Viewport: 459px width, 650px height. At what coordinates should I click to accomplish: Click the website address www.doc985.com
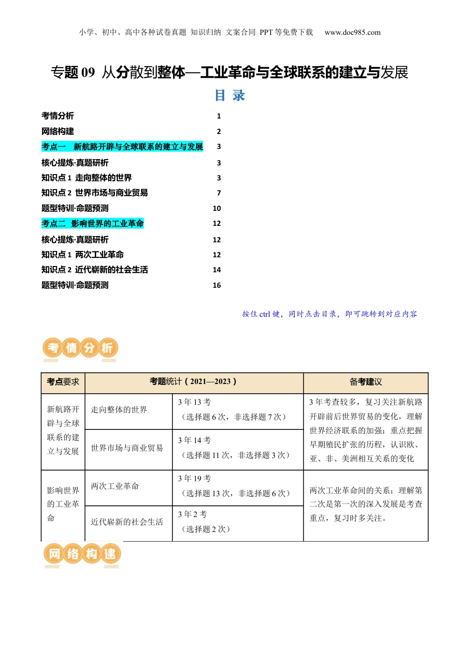[352, 32]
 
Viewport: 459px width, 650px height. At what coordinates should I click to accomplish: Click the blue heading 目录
[229, 95]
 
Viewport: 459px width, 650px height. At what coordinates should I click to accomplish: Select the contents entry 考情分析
[57, 116]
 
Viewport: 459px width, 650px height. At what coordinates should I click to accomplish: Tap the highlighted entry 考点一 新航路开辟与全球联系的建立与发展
[122, 147]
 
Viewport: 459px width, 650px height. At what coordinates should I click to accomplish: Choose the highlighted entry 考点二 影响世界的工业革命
[93, 223]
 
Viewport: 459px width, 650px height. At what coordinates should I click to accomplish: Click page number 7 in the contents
[219, 193]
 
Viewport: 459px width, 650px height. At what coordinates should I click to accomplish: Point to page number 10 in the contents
[217, 208]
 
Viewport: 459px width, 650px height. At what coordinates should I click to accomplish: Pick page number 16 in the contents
[217, 285]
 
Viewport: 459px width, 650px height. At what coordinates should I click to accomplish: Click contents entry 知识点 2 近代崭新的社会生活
[95, 270]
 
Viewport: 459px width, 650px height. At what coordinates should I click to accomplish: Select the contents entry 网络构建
[57, 132]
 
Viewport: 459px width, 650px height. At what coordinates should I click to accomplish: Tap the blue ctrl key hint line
[330, 314]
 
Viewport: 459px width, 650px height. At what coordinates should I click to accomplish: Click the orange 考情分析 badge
[80, 348]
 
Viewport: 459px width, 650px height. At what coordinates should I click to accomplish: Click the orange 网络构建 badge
[82, 554]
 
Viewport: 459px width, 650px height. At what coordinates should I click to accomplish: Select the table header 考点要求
[63, 382]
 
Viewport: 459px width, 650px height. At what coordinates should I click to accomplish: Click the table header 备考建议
[366, 382]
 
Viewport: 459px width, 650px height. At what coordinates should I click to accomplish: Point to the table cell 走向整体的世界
[119, 410]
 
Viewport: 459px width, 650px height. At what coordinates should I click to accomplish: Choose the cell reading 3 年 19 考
[194, 478]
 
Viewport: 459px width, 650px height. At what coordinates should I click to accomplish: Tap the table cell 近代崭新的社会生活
[127, 522]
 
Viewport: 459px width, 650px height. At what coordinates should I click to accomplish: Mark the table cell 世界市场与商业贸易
[127, 448]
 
